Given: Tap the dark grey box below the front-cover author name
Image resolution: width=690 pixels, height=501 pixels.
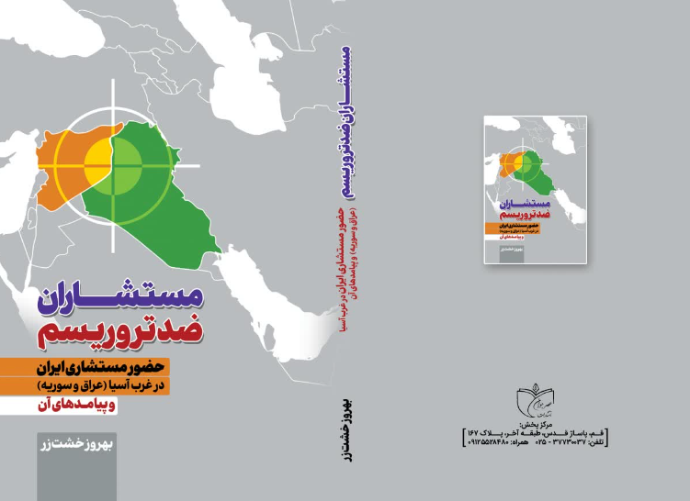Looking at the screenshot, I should [x=63, y=477].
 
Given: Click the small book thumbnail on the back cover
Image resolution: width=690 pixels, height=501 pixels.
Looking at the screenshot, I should [x=537, y=191].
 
